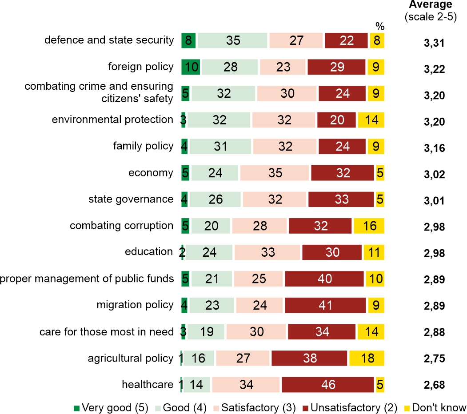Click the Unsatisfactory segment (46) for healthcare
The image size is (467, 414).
[327, 384]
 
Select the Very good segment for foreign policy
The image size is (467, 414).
[191, 67]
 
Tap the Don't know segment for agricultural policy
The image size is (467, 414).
[367, 358]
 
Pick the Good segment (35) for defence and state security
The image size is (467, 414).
[232, 40]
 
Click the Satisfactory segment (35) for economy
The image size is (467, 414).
[275, 173]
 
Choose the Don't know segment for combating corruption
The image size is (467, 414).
[369, 226]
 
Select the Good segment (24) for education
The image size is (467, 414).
[209, 252]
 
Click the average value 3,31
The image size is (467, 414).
[434, 44]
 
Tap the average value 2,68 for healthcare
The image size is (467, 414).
[434, 385]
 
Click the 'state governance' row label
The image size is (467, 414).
[131, 199]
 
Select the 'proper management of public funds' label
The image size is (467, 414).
[87, 279]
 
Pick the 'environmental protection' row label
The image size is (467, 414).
[112, 119]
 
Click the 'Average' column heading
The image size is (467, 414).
[431, 5]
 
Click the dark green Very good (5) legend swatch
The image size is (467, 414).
[77, 408]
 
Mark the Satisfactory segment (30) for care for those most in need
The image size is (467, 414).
[256, 332]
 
